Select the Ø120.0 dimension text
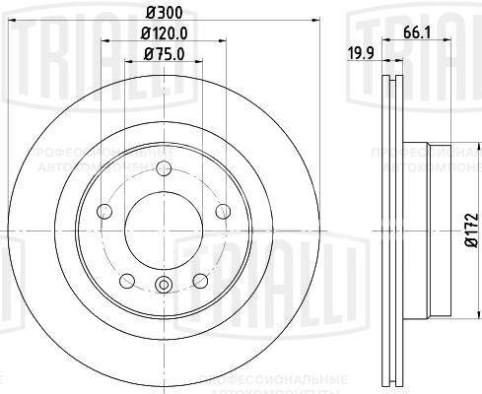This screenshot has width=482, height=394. point(162,37)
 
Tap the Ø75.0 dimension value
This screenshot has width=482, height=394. point(162,56)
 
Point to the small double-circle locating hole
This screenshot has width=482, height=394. point(163,287)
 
